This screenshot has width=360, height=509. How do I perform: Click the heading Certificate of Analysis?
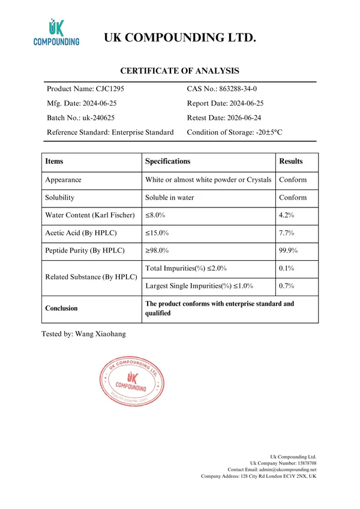click(x=180, y=71)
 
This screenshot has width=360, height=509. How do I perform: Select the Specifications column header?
click(x=168, y=161)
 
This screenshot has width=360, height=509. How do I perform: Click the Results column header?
click(x=291, y=161)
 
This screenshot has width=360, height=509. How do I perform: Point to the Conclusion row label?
click(x=62, y=308)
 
